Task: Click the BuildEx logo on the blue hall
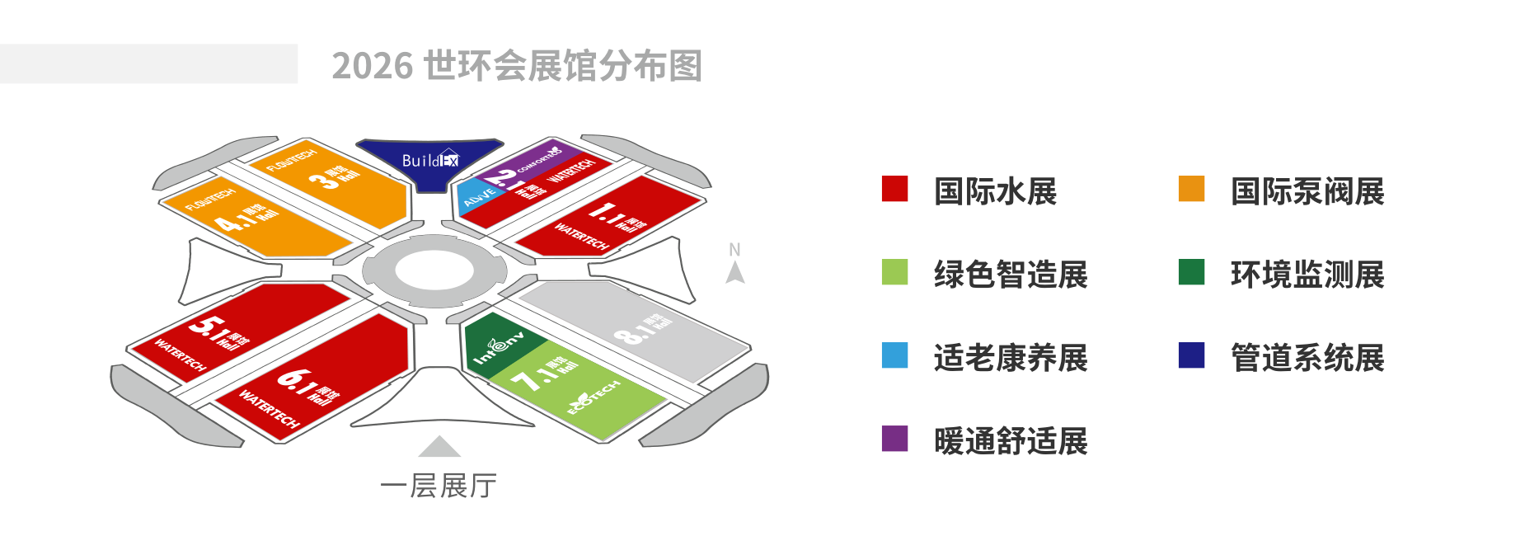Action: pos(429,160)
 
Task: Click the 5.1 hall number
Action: pos(209,328)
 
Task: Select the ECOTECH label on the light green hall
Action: pos(594,397)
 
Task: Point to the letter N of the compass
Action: pos(734,249)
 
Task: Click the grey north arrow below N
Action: pos(735,273)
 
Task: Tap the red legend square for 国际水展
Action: pos(894,189)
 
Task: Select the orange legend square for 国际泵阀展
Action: pos(1191,189)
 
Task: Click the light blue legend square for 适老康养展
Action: pos(894,355)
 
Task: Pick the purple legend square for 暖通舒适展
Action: pos(894,439)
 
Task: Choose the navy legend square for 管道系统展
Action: pos(1191,355)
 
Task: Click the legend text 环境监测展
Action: pos(1307,275)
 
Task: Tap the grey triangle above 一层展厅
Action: pos(439,447)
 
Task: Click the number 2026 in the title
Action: pos(372,66)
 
